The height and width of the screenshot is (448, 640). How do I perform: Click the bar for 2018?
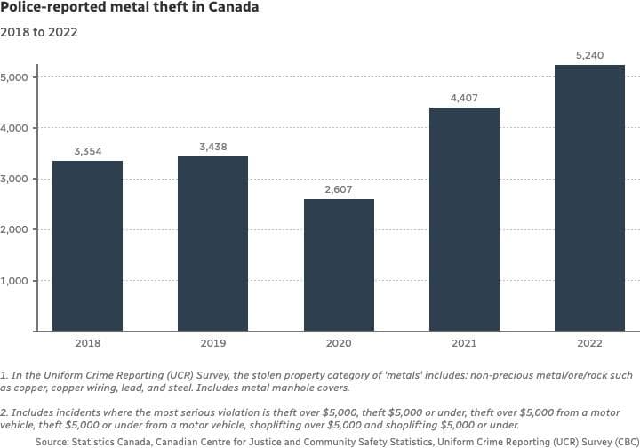pyautogui.click(x=88, y=246)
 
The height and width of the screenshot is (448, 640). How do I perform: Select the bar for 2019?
pyautogui.click(x=213, y=244)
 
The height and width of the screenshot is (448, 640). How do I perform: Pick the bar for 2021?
pyautogui.click(x=464, y=220)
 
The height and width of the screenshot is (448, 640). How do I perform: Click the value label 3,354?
pyautogui.click(x=88, y=152)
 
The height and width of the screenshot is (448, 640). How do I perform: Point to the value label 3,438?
pyautogui.click(x=213, y=148)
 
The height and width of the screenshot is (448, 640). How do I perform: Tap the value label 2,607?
pyautogui.click(x=339, y=189)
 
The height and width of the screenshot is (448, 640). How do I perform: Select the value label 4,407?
pyautogui.click(x=464, y=99)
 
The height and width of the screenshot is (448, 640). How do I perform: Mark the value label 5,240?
pyautogui.click(x=589, y=56)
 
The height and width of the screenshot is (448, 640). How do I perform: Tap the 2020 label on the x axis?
pyautogui.click(x=339, y=343)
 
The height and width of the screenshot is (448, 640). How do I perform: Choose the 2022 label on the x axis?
pyautogui.click(x=589, y=343)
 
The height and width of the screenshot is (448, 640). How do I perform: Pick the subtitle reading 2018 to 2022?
pyautogui.click(x=39, y=33)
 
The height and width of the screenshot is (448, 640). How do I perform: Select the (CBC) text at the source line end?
pyautogui.click(x=618, y=440)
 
